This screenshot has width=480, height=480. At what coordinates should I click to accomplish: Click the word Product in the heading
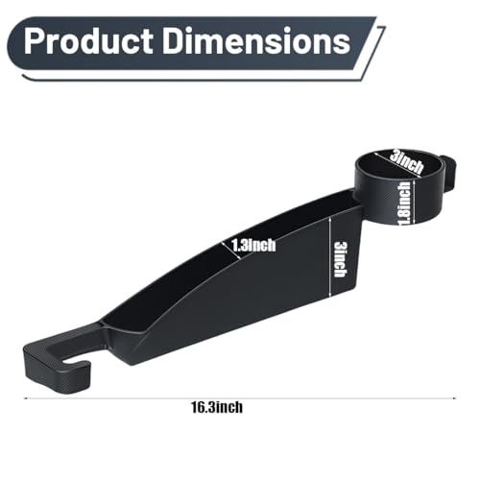coord(88,41)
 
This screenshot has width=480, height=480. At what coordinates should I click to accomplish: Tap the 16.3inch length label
coord(217,408)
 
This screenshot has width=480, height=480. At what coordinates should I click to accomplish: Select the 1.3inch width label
coord(253,246)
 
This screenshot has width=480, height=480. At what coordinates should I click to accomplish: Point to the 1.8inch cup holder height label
coord(404,204)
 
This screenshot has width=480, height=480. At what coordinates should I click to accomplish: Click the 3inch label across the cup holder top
coord(406,162)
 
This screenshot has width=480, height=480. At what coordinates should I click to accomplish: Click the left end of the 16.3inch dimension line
coord(25,398)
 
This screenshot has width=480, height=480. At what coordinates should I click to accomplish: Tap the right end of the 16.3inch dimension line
coord(455,398)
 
